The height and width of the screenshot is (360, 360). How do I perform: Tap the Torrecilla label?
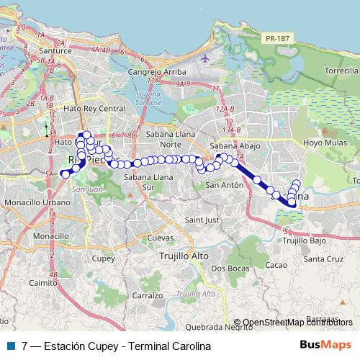(x=341, y=72)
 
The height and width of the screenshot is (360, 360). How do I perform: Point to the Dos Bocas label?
(x=227, y=268)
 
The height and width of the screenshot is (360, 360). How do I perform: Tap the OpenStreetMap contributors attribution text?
(x=297, y=323)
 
